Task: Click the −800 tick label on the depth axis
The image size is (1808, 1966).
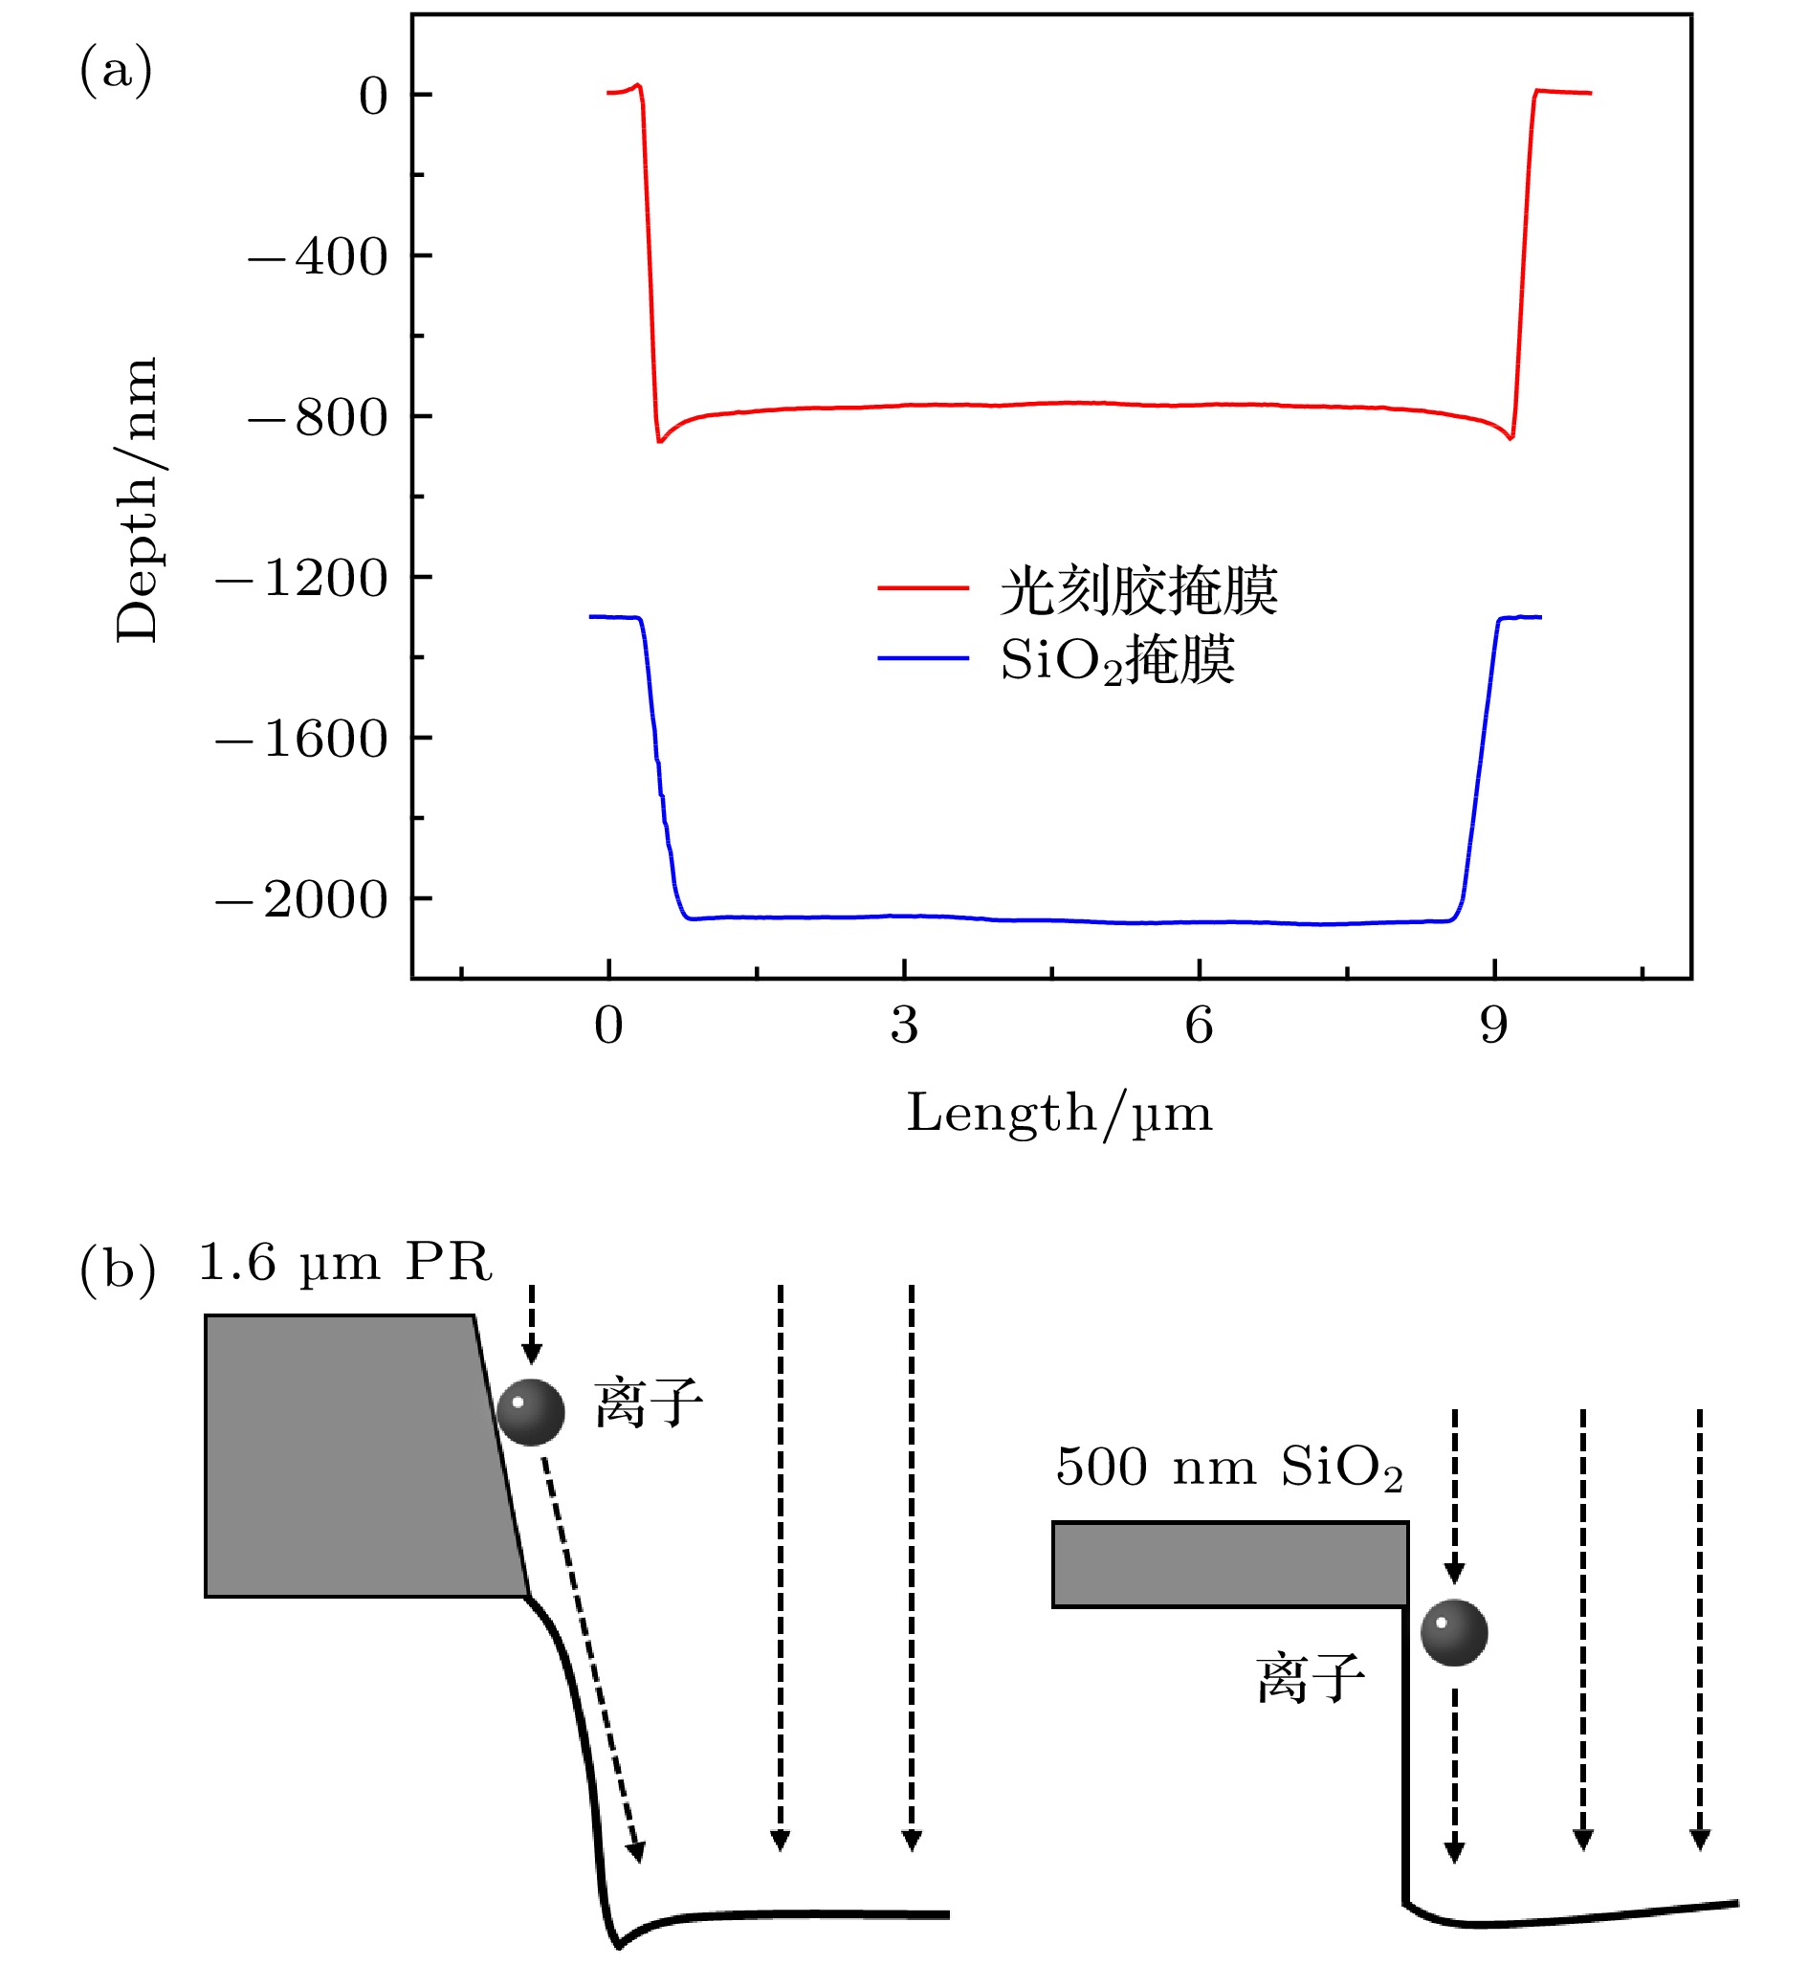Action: (x=318, y=418)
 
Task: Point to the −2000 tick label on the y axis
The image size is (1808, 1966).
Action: (x=302, y=899)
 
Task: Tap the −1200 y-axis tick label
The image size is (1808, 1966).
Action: (x=302, y=579)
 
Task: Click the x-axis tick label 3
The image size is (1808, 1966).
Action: (x=904, y=1026)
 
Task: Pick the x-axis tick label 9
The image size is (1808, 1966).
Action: (x=1494, y=1026)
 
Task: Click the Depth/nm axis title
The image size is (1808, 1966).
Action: (x=136, y=499)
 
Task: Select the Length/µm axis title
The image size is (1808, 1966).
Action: (x=1060, y=1114)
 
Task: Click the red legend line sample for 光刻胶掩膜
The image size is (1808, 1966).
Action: (x=922, y=588)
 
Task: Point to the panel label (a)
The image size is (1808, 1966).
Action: (x=116, y=71)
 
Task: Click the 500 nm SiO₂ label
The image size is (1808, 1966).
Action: (x=1229, y=1468)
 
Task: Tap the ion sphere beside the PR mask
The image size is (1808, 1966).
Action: (x=531, y=1412)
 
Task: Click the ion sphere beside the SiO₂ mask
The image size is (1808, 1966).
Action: (x=1454, y=1632)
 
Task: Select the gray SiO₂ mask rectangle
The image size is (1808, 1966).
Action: (x=1230, y=1564)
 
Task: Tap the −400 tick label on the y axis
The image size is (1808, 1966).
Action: (x=318, y=257)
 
